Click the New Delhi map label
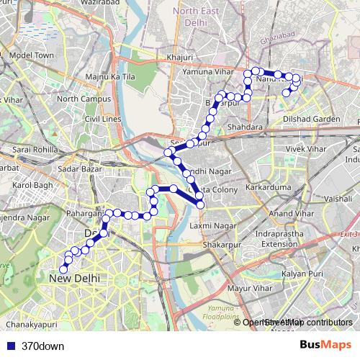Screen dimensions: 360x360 75,279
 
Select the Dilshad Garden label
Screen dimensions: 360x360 311,119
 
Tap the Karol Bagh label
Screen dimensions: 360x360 33,185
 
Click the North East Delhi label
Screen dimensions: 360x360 199,16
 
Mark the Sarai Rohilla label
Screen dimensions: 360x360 35,149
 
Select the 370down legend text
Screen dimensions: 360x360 42,346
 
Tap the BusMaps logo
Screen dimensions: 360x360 326,345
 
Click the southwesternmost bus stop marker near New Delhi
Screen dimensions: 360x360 63,269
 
